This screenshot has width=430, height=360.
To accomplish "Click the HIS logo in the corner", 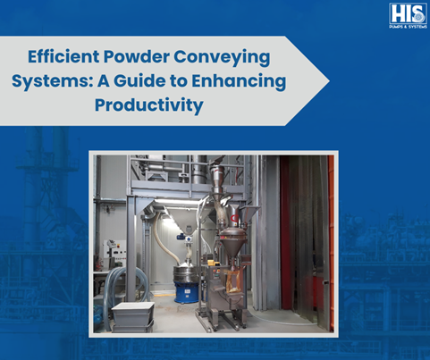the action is tap(408, 16).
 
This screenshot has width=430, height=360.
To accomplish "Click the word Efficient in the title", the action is tap(63, 56).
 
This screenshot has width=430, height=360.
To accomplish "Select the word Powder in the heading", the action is tap(137, 56).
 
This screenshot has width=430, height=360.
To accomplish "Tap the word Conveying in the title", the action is tap(222, 57).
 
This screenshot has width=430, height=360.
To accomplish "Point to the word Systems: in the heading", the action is tap(53, 81).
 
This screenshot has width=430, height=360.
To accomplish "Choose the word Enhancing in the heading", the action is tap(239, 81).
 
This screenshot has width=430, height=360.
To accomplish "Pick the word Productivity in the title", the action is tap(149, 105).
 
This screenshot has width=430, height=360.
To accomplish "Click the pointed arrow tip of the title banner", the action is tap(329, 80).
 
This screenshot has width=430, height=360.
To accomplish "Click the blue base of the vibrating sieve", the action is tap(186, 292).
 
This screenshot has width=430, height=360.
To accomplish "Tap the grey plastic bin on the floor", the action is tap(133, 316).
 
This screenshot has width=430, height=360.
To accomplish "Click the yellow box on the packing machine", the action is tap(214, 263).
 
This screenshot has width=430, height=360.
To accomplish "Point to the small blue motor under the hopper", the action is tap(181, 237).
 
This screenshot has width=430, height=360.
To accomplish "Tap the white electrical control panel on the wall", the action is tap(114, 252).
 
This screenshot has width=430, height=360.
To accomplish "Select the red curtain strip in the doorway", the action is tap(285, 232).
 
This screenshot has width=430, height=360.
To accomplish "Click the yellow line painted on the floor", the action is tap(164, 295).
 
